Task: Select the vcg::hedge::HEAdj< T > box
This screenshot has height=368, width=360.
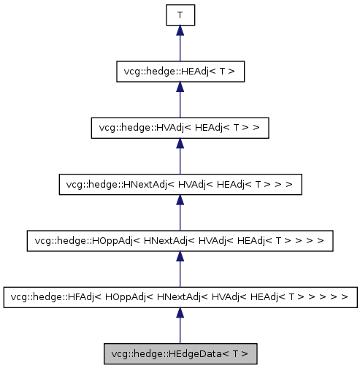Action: (x=180, y=71)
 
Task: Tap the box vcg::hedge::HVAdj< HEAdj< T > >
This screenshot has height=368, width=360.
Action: (x=180, y=128)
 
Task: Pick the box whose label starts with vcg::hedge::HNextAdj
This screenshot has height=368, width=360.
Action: (x=180, y=184)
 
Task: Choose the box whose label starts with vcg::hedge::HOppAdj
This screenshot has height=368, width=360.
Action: (x=180, y=241)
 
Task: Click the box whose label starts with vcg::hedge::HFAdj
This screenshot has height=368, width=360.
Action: (x=180, y=298)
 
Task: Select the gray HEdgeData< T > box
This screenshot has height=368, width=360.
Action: (x=180, y=354)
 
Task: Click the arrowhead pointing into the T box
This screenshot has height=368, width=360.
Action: (x=180, y=31)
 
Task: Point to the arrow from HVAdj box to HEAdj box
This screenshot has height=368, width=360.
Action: (x=180, y=99)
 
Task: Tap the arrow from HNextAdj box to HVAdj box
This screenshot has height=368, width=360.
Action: (x=180, y=156)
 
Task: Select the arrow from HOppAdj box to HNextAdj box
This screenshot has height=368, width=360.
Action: (x=180, y=212)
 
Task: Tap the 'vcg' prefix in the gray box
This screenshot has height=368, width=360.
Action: (x=117, y=354)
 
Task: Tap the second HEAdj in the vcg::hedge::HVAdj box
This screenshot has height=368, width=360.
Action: (x=206, y=128)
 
